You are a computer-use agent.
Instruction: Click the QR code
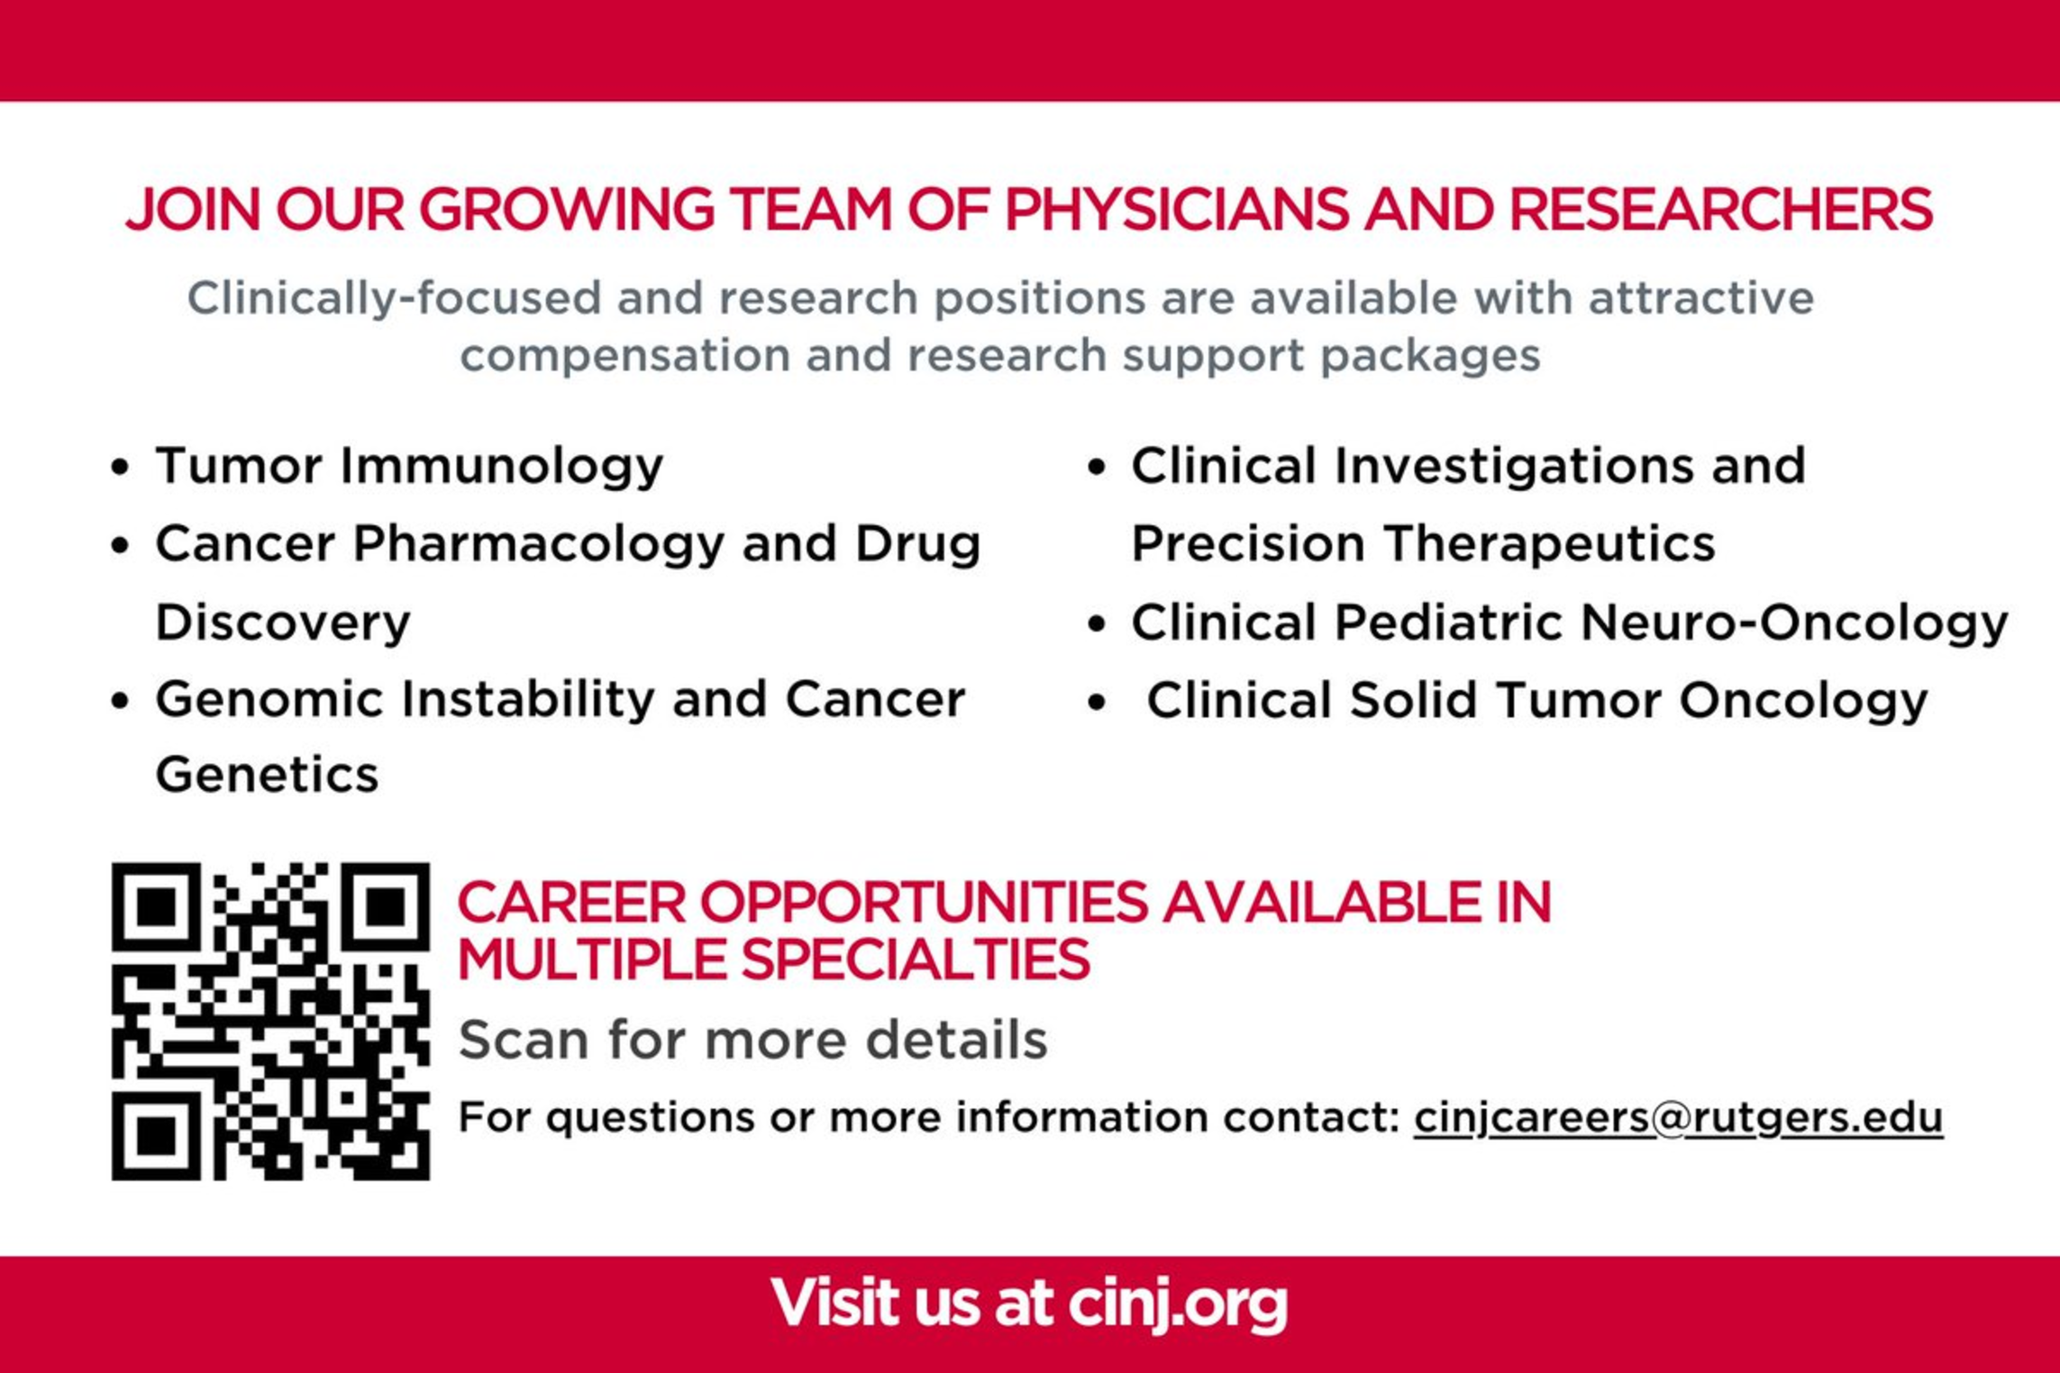(x=270, y=1021)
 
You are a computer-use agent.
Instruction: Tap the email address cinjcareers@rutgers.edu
(x=1678, y=1118)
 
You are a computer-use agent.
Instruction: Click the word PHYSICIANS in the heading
(x=1176, y=209)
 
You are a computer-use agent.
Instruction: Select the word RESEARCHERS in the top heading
(x=1720, y=209)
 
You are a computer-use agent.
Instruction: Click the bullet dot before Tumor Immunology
(x=120, y=467)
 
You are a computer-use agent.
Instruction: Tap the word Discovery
(x=283, y=622)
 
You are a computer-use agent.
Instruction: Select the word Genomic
(x=269, y=699)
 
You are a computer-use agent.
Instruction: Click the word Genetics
(x=267, y=775)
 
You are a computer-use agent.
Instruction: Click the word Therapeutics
(x=1550, y=544)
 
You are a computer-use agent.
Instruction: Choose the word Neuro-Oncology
(x=1794, y=623)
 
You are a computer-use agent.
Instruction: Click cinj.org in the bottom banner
(x=1179, y=1305)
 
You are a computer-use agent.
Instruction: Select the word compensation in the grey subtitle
(x=624, y=356)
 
